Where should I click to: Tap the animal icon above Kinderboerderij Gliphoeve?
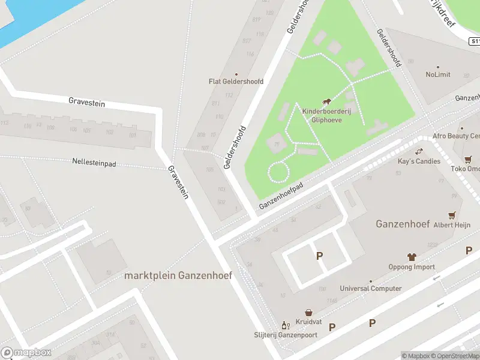tap(326, 102)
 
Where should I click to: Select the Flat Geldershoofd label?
tap(236, 82)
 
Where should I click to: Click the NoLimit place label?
tap(438, 75)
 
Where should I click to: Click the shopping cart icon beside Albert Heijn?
tap(452, 215)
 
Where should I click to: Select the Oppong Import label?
tap(412, 267)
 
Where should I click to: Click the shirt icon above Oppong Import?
tap(412, 257)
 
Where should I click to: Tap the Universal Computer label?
tap(370, 289)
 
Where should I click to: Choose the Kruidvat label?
tap(308, 322)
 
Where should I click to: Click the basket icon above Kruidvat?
tap(308, 313)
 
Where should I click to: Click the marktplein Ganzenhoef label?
tap(178, 275)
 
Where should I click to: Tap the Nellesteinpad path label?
tap(94, 162)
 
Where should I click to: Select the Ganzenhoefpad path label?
tap(281, 196)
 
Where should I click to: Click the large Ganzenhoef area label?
tap(402, 224)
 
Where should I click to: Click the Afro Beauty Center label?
tap(455, 136)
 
